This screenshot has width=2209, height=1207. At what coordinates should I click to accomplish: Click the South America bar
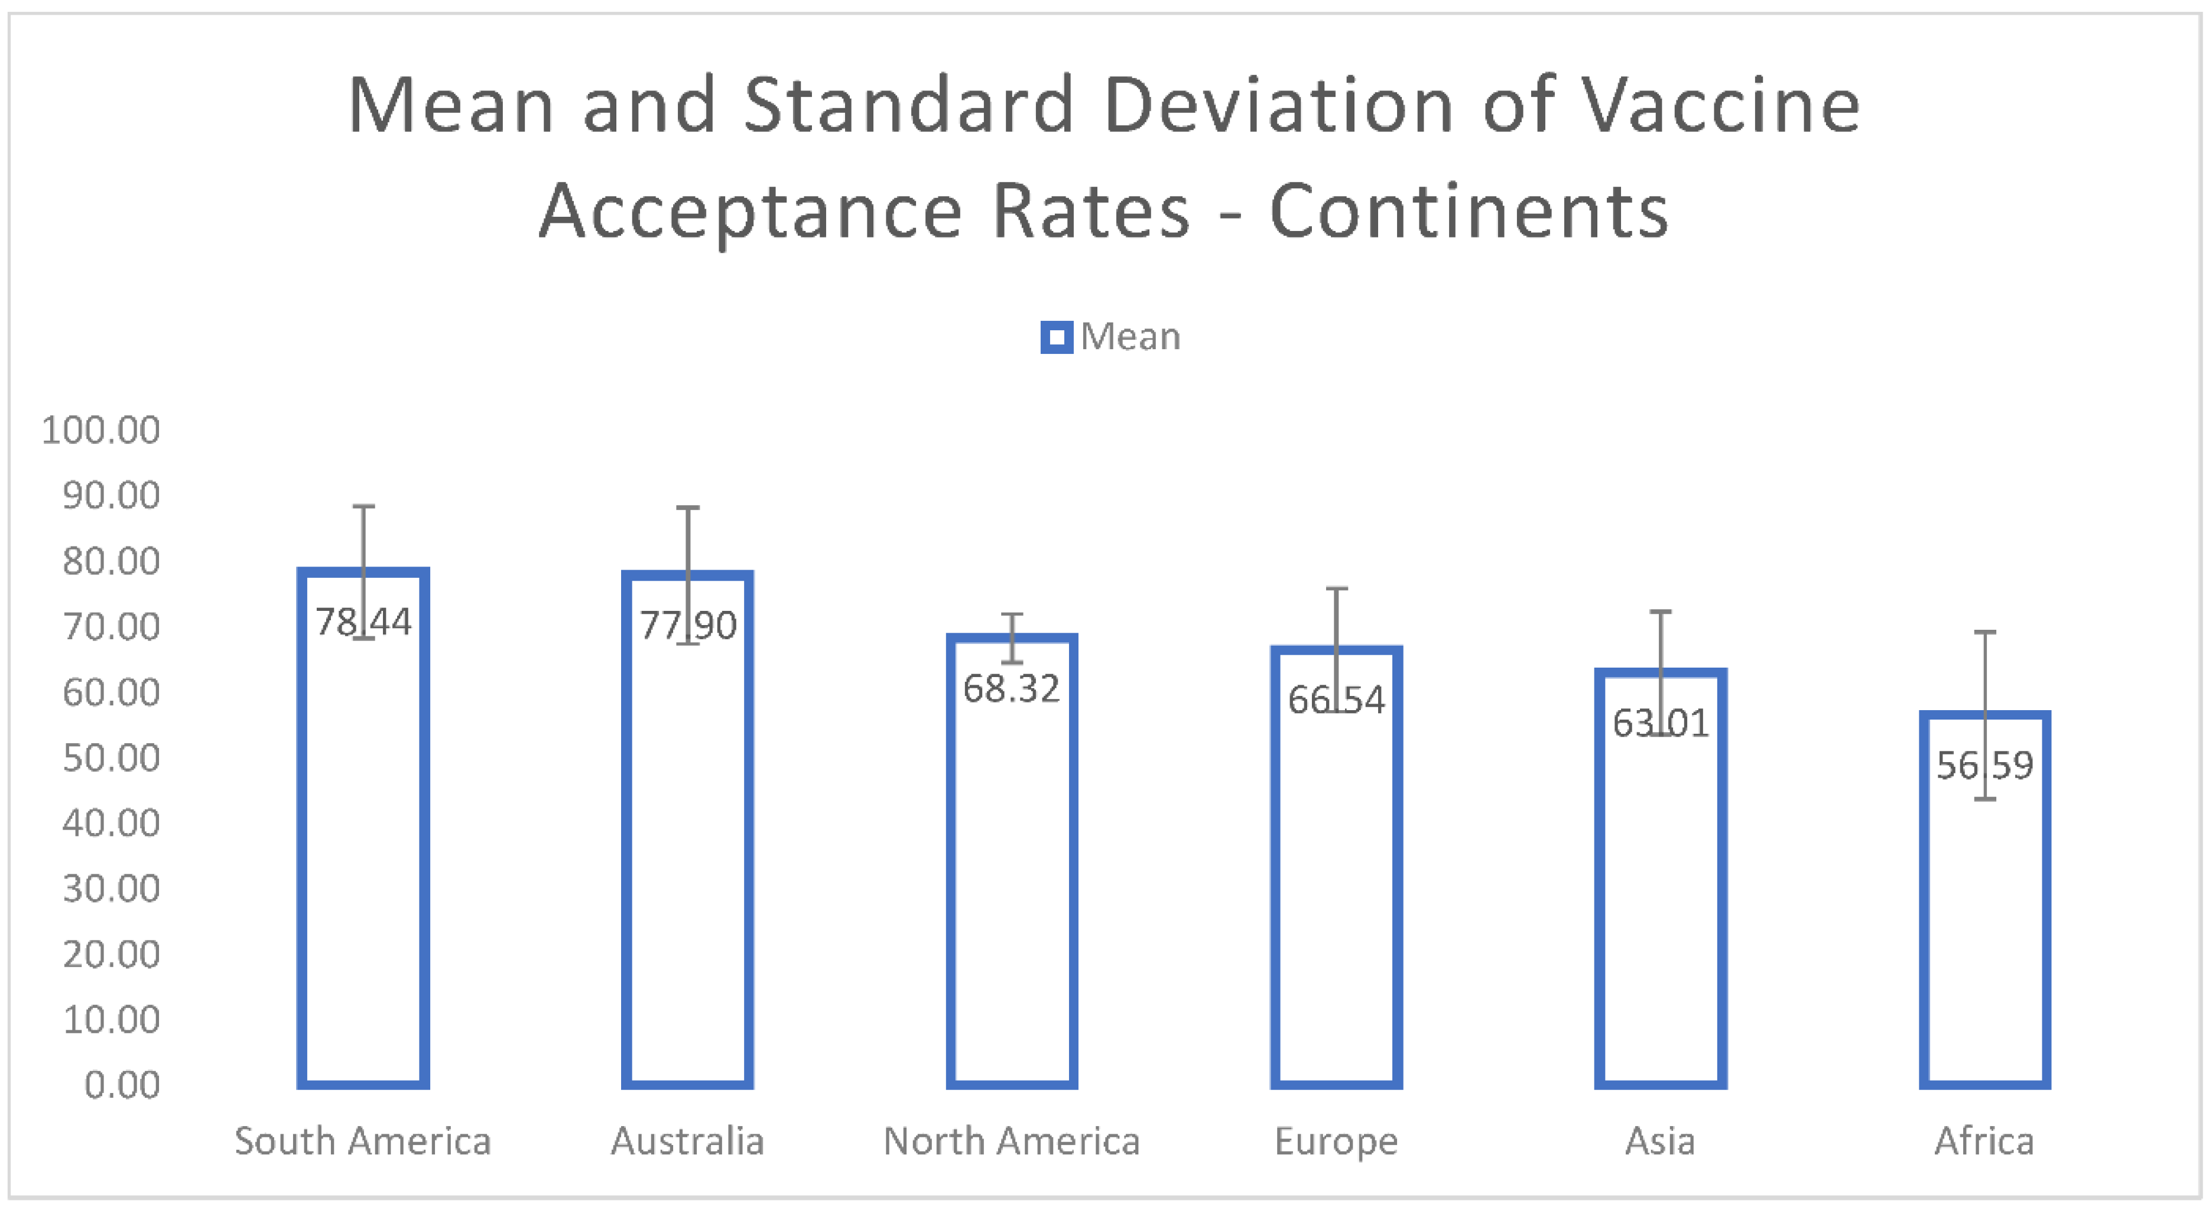(x=363, y=857)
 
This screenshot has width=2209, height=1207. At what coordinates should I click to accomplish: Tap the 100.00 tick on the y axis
(x=101, y=430)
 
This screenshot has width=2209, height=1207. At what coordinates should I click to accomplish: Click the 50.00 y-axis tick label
(x=112, y=759)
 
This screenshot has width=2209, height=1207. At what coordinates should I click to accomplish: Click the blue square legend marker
(x=1057, y=337)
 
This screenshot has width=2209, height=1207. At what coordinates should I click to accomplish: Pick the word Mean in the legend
(x=1131, y=337)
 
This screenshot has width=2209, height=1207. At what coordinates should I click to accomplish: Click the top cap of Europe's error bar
(x=1336, y=589)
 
